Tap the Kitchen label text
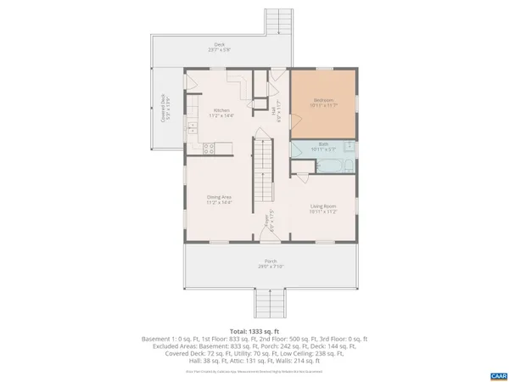pyautogui.click(x=221, y=111)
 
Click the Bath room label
pyautogui.click(x=323, y=144)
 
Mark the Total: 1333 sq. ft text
pyautogui.click(x=254, y=331)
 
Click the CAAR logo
pyautogui.click(x=498, y=374)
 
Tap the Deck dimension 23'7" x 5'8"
pyautogui.click(x=220, y=49)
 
